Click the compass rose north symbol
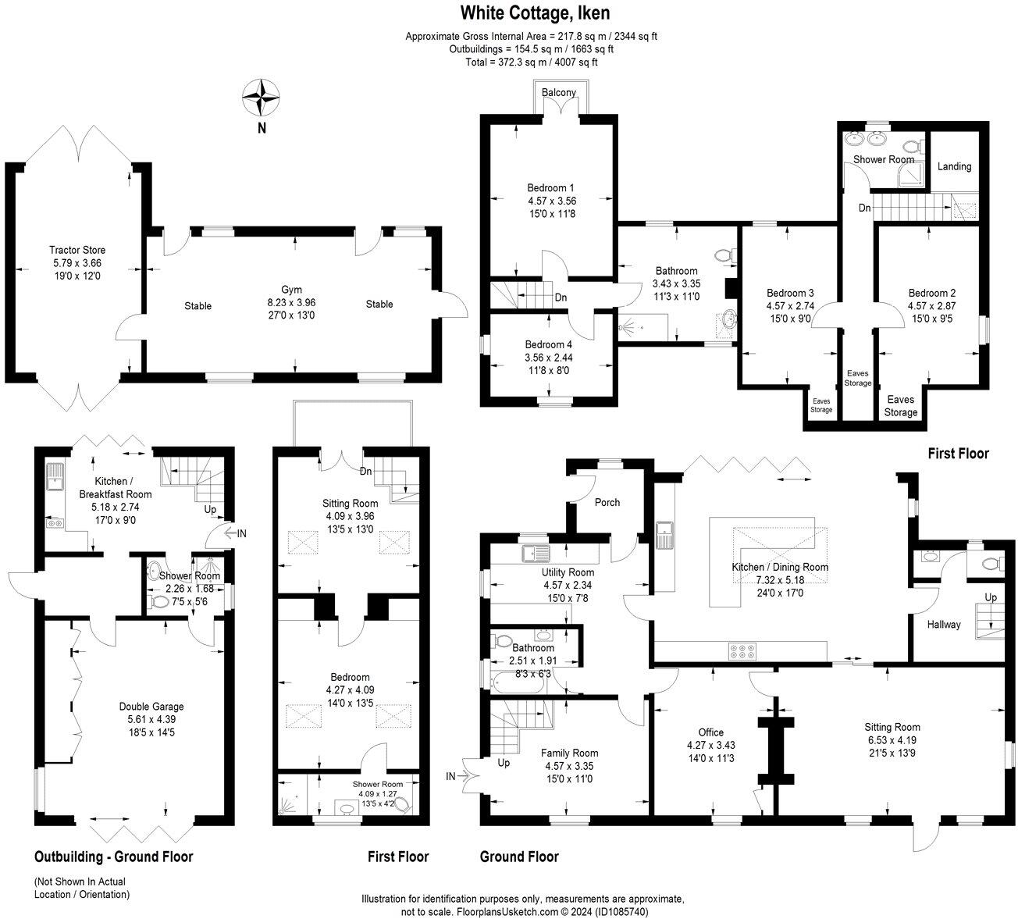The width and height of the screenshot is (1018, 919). coord(261,97)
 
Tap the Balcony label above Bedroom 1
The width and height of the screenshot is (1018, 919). coord(559,92)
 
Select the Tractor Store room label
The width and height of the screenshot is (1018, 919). coord(77,250)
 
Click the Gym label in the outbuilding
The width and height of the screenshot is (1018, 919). coord(291,290)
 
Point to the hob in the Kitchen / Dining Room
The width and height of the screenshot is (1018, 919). coord(742,651)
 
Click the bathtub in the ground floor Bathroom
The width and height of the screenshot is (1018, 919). coord(517,682)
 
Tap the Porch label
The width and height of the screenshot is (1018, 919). coord(607,502)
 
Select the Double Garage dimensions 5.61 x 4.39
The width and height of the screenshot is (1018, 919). coord(151,719)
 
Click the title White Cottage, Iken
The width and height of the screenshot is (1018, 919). coord(535,13)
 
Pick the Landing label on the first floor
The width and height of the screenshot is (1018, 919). coord(954,166)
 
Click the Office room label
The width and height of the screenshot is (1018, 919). coord(710,732)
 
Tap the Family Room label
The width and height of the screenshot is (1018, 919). coord(569,753)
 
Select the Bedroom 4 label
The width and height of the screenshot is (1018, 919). coord(548,344)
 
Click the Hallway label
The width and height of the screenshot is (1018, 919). coord(944,625)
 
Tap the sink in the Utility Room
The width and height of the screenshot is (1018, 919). coord(536,553)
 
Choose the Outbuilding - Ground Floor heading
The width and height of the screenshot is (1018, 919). coord(114,857)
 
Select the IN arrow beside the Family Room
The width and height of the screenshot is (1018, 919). coord(457,776)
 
